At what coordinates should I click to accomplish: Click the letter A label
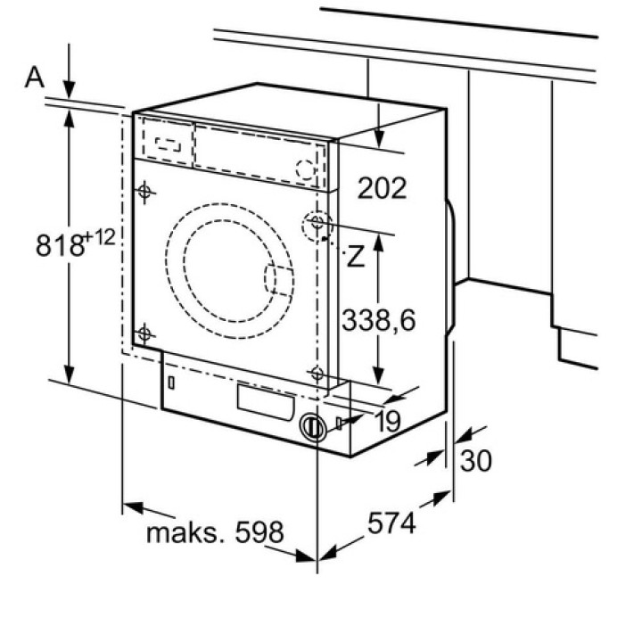pyautogui.click(x=34, y=78)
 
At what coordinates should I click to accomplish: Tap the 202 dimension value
pyautogui.click(x=381, y=187)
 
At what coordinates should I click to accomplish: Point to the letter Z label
pyautogui.click(x=356, y=259)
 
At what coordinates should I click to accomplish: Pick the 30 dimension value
pyautogui.click(x=476, y=461)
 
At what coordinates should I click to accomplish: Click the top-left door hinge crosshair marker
pyautogui.click(x=144, y=191)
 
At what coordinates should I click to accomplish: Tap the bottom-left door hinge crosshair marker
pyautogui.click(x=144, y=334)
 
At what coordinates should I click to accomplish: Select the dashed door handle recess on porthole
pyautogui.click(x=277, y=279)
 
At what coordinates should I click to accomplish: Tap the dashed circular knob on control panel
pyautogui.click(x=306, y=168)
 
